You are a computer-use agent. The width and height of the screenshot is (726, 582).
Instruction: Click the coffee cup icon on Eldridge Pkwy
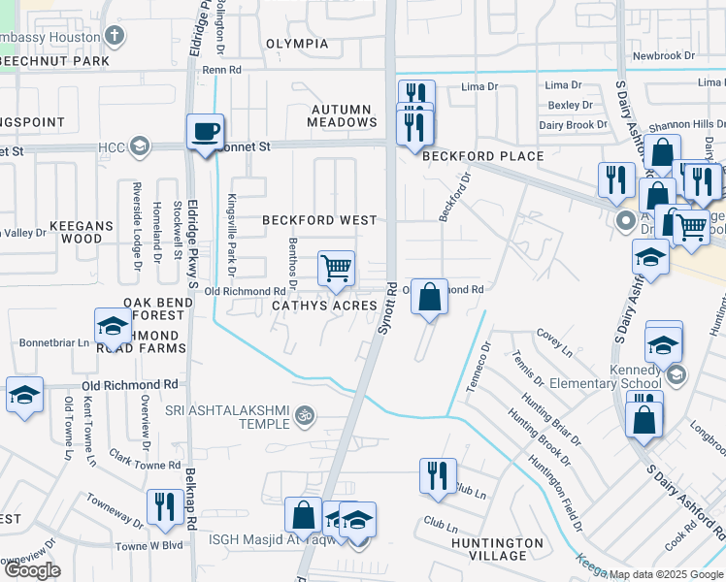click(205, 131)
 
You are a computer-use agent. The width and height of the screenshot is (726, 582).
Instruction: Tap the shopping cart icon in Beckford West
click(336, 267)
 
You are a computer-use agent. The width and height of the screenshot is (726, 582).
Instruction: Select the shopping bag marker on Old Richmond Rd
click(430, 295)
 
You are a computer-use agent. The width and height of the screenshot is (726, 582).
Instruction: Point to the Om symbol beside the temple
click(305, 415)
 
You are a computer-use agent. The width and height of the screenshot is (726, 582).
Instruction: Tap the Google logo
click(32, 570)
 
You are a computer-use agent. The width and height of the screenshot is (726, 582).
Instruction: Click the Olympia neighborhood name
click(297, 45)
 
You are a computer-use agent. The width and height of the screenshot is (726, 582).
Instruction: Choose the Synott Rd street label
click(385, 309)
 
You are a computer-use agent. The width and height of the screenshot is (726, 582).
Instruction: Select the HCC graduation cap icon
click(139, 146)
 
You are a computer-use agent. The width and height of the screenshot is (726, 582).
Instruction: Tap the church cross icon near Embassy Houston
click(115, 37)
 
